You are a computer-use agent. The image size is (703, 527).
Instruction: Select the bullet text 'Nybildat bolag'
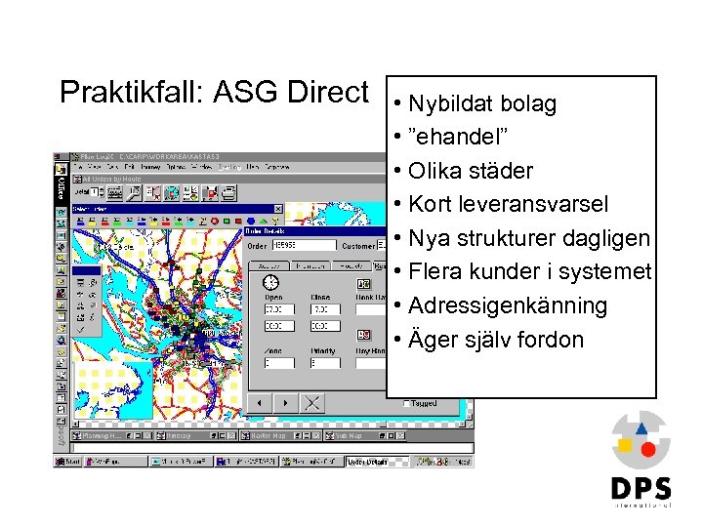click(483, 103)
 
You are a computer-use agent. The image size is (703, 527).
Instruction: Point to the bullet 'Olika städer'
click(471, 171)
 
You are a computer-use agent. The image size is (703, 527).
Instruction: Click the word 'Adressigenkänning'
click(508, 305)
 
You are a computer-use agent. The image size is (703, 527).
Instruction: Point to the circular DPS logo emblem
click(641, 439)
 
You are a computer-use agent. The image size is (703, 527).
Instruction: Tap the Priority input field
click(326, 363)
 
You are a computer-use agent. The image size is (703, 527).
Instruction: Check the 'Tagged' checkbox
click(406, 403)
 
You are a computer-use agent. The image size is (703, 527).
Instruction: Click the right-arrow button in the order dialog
click(285, 402)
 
